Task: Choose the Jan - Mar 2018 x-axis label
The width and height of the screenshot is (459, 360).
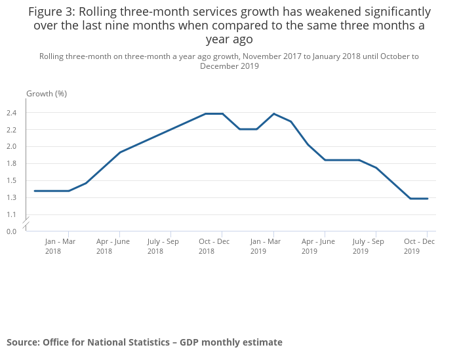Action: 60,246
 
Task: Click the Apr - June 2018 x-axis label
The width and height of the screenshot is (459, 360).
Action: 113,246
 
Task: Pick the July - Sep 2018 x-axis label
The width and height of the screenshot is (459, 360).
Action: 163,246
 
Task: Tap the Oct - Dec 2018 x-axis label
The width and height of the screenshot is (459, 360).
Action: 215,246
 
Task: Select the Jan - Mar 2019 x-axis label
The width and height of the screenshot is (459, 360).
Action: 266,246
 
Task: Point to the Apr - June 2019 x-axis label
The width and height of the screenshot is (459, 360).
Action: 318,246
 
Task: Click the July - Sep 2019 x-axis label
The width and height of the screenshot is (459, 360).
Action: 369,246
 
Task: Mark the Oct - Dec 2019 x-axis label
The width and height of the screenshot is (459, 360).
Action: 420,246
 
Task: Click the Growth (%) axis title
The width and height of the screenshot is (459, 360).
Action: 47,94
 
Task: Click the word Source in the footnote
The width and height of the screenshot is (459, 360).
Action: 23,342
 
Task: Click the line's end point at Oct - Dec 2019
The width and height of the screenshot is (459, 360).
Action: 428,199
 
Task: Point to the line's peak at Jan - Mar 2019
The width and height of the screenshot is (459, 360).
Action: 273,113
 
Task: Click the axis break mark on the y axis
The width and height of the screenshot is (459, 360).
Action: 28,224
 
